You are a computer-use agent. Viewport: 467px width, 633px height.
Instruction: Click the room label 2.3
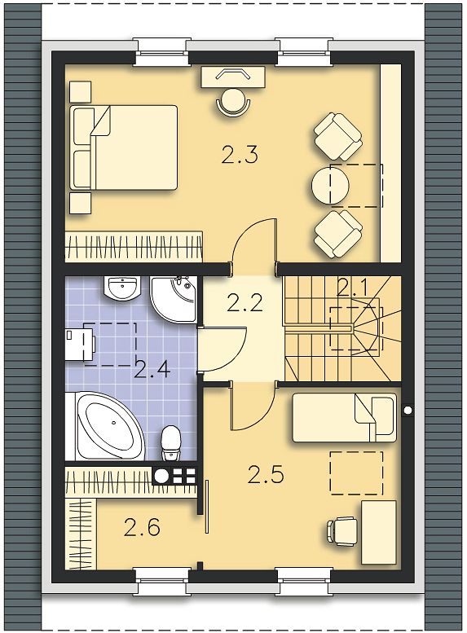click(x=239, y=155)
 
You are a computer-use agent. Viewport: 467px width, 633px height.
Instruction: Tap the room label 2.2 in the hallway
click(x=245, y=303)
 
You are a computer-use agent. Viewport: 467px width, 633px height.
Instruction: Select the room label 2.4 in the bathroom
click(x=152, y=369)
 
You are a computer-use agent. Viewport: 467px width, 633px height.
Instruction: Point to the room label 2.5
click(x=266, y=475)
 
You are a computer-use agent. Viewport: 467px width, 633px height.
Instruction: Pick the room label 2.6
click(x=142, y=527)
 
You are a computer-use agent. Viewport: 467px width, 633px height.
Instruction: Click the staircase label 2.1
click(x=352, y=288)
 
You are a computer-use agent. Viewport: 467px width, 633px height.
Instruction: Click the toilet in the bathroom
click(x=171, y=444)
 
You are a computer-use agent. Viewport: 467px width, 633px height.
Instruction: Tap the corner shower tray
click(x=173, y=299)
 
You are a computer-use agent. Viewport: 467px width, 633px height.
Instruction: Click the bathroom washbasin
click(x=122, y=288)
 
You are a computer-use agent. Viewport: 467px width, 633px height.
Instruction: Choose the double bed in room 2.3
click(x=124, y=147)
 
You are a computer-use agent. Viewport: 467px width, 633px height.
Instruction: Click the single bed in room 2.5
click(x=345, y=418)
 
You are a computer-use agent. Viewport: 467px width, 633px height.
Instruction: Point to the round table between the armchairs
click(x=330, y=186)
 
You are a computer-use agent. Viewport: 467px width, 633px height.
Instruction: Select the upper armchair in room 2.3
click(x=337, y=136)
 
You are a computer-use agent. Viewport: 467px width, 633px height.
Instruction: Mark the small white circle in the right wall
click(x=408, y=410)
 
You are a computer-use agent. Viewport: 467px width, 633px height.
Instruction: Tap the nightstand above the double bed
click(x=81, y=91)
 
